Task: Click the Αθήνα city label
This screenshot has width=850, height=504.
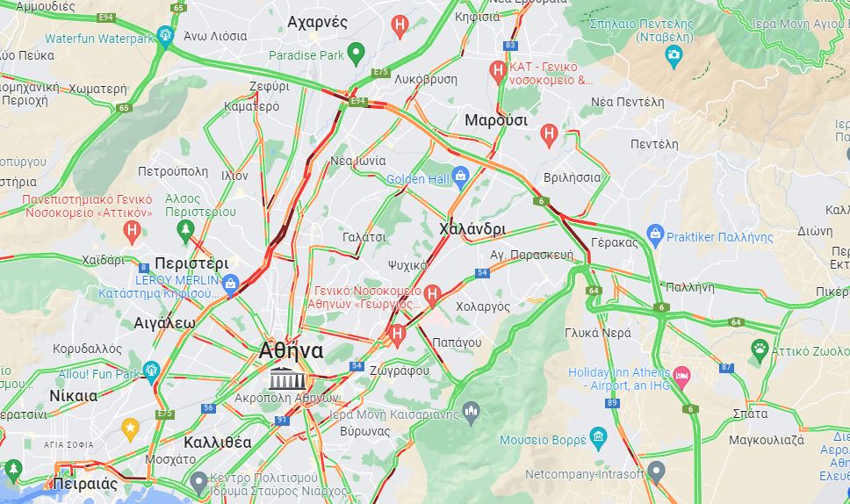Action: [x=291, y=351]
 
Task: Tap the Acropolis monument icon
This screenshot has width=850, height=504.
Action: [x=283, y=379]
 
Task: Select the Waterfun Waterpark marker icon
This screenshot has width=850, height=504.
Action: [x=164, y=36]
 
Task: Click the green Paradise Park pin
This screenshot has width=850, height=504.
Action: [x=356, y=53]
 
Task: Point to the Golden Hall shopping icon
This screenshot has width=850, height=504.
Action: [x=460, y=176]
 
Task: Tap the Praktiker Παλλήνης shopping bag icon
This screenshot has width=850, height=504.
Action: [x=654, y=234]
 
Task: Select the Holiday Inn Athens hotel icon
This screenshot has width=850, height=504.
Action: [x=681, y=377]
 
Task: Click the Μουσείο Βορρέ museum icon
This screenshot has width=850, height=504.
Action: [x=598, y=436]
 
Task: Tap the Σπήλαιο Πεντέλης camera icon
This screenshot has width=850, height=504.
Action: [x=674, y=57]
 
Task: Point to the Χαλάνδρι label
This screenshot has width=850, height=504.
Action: [x=472, y=229]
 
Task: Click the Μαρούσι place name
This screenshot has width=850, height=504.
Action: [x=495, y=120]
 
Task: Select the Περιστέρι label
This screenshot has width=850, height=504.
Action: [x=191, y=263]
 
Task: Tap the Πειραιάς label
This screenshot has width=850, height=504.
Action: [x=85, y=484]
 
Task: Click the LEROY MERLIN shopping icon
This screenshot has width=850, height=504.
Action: [x=230, y=283]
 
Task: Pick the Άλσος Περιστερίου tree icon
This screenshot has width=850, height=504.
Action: [x=184, y=231]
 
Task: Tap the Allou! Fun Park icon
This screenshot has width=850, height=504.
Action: [x=150, y=371]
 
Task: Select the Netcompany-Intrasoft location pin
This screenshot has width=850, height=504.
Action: [x=656, y=472]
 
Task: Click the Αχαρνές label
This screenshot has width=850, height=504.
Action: [x=318, y=22]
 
